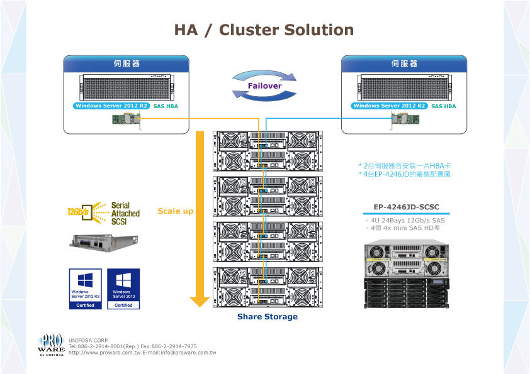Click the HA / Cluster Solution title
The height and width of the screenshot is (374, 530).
264,30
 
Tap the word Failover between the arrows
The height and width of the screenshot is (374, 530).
264,85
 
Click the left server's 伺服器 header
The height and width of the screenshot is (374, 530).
127,64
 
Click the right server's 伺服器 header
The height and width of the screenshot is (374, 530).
404,64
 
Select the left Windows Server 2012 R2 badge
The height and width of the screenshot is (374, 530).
111,106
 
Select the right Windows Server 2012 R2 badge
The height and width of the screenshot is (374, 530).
389,106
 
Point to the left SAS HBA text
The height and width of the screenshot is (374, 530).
166,107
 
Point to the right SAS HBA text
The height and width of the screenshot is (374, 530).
444,107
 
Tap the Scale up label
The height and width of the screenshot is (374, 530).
176,211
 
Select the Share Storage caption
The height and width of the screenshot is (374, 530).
268,317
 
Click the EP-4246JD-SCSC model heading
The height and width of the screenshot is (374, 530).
406,207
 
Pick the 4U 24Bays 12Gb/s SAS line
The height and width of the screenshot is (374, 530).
407,221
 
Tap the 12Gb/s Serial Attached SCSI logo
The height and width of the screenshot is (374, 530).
104,214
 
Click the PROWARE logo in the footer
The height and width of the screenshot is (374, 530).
51,345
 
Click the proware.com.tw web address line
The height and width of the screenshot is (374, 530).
142,353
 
